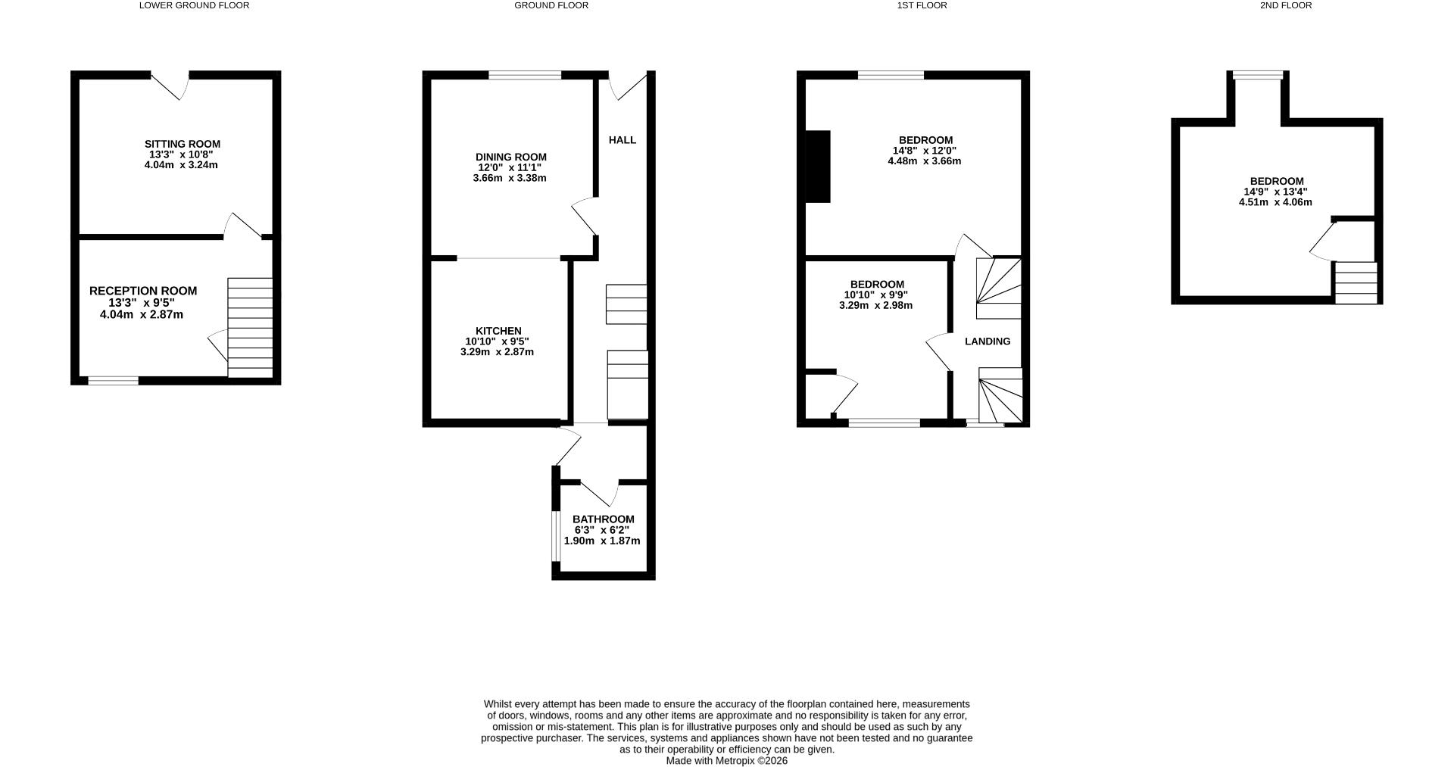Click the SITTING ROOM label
click(183, 144)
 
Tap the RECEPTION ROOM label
click(143, 291)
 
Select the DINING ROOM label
click(510, 157)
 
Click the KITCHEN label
click(498, 331)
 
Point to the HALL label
click(622, 140)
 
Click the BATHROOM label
click(603, 519)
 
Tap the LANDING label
click(987, 341)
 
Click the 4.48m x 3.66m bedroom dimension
click(924, 161)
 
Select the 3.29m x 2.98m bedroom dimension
click(875, 306)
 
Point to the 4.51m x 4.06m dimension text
click(1275, 202)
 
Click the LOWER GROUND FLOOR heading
click(194, 5)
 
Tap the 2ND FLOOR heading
click(1285, 5)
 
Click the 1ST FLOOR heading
click(922, 5)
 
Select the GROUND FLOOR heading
click(551, 5)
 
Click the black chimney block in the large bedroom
click(818, 167)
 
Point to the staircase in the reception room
click(250, 327)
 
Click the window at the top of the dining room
click(525, 75)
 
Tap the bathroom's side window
click(556, 537)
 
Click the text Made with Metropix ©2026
click(726, 761)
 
